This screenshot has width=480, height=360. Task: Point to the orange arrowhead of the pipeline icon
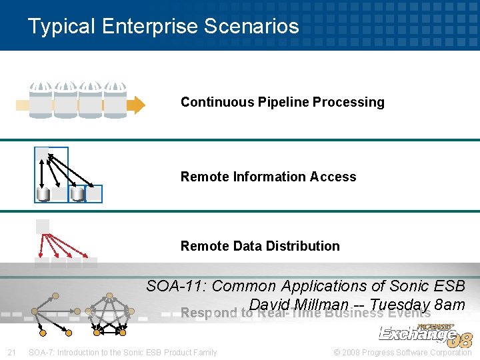136,105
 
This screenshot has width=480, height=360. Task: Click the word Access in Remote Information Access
335,177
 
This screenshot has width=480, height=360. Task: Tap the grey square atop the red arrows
43,226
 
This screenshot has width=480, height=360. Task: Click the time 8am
449,305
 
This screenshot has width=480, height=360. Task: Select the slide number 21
11,352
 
